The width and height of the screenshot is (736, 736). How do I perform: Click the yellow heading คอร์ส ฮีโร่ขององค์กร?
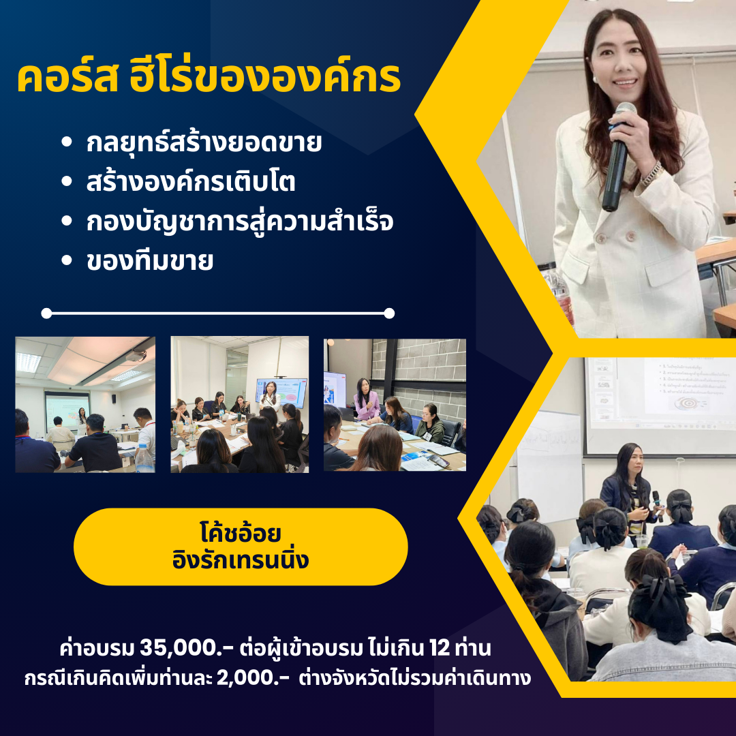209,80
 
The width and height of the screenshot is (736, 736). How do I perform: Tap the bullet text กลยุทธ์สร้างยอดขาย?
204,144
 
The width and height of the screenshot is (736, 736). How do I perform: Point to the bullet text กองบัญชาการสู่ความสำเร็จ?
240,222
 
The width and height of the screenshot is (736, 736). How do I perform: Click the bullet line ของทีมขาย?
149,261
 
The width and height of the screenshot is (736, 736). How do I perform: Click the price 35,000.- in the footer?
181,645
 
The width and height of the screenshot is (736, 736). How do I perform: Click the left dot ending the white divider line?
46,313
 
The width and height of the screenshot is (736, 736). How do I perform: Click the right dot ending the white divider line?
389,313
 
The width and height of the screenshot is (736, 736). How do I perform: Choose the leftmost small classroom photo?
85,404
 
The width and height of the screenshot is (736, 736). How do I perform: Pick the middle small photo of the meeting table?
239,404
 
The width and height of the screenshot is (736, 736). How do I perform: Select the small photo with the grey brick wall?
395,404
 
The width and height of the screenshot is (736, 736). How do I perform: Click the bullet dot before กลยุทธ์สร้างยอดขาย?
66,144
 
